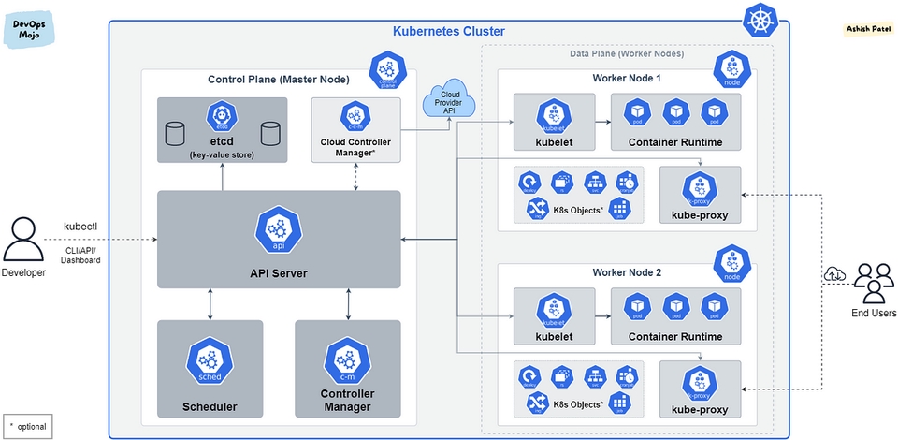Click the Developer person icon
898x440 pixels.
22,241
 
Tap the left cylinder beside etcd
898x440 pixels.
174,133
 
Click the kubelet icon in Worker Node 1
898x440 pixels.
554,118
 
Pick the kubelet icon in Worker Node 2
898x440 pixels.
554,310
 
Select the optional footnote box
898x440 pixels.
27,426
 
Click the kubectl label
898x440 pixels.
80,227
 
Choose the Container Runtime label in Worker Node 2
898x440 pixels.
674,336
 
